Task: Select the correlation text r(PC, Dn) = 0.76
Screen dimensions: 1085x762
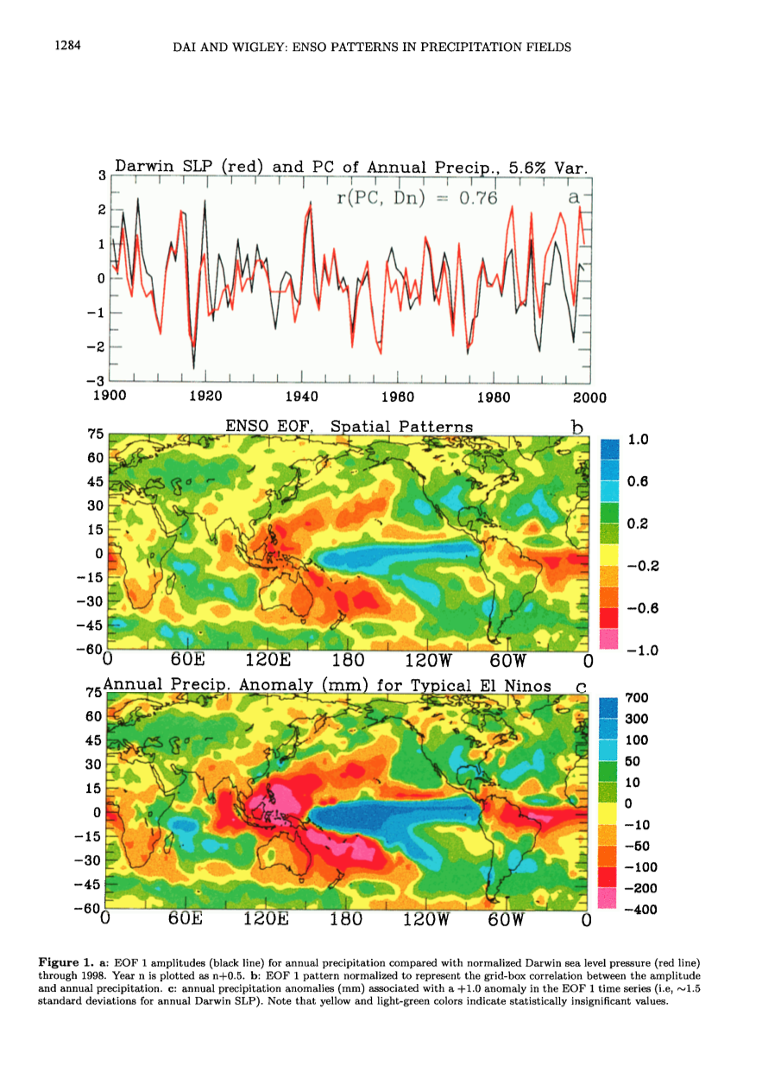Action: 417,198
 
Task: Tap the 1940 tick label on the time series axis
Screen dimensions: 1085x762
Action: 301,397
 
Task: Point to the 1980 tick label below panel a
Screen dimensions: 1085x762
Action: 494,397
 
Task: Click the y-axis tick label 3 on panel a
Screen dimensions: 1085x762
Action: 102,175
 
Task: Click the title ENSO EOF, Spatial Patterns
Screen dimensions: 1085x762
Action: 349,427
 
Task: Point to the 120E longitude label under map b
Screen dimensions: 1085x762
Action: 268,662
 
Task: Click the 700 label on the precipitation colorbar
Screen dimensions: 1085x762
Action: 636,698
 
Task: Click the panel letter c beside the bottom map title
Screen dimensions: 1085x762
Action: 582,687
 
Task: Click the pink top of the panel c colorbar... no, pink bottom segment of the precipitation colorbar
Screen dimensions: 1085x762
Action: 607,898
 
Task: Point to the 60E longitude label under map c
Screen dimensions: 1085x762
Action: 185,920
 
